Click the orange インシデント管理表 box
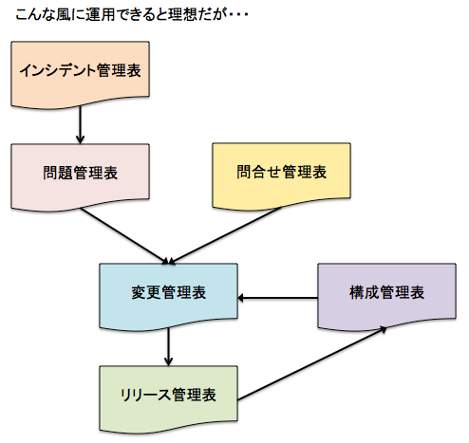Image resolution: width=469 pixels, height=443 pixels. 80,75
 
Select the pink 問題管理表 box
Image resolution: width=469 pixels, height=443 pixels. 80,175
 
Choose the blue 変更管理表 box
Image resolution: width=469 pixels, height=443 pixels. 169,294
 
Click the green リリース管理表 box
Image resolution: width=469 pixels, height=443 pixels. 169,395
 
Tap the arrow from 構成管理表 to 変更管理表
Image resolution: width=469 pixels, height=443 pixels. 277,299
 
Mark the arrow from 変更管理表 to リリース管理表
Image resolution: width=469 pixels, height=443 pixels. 169,346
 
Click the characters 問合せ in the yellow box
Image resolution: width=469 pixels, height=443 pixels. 260,173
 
